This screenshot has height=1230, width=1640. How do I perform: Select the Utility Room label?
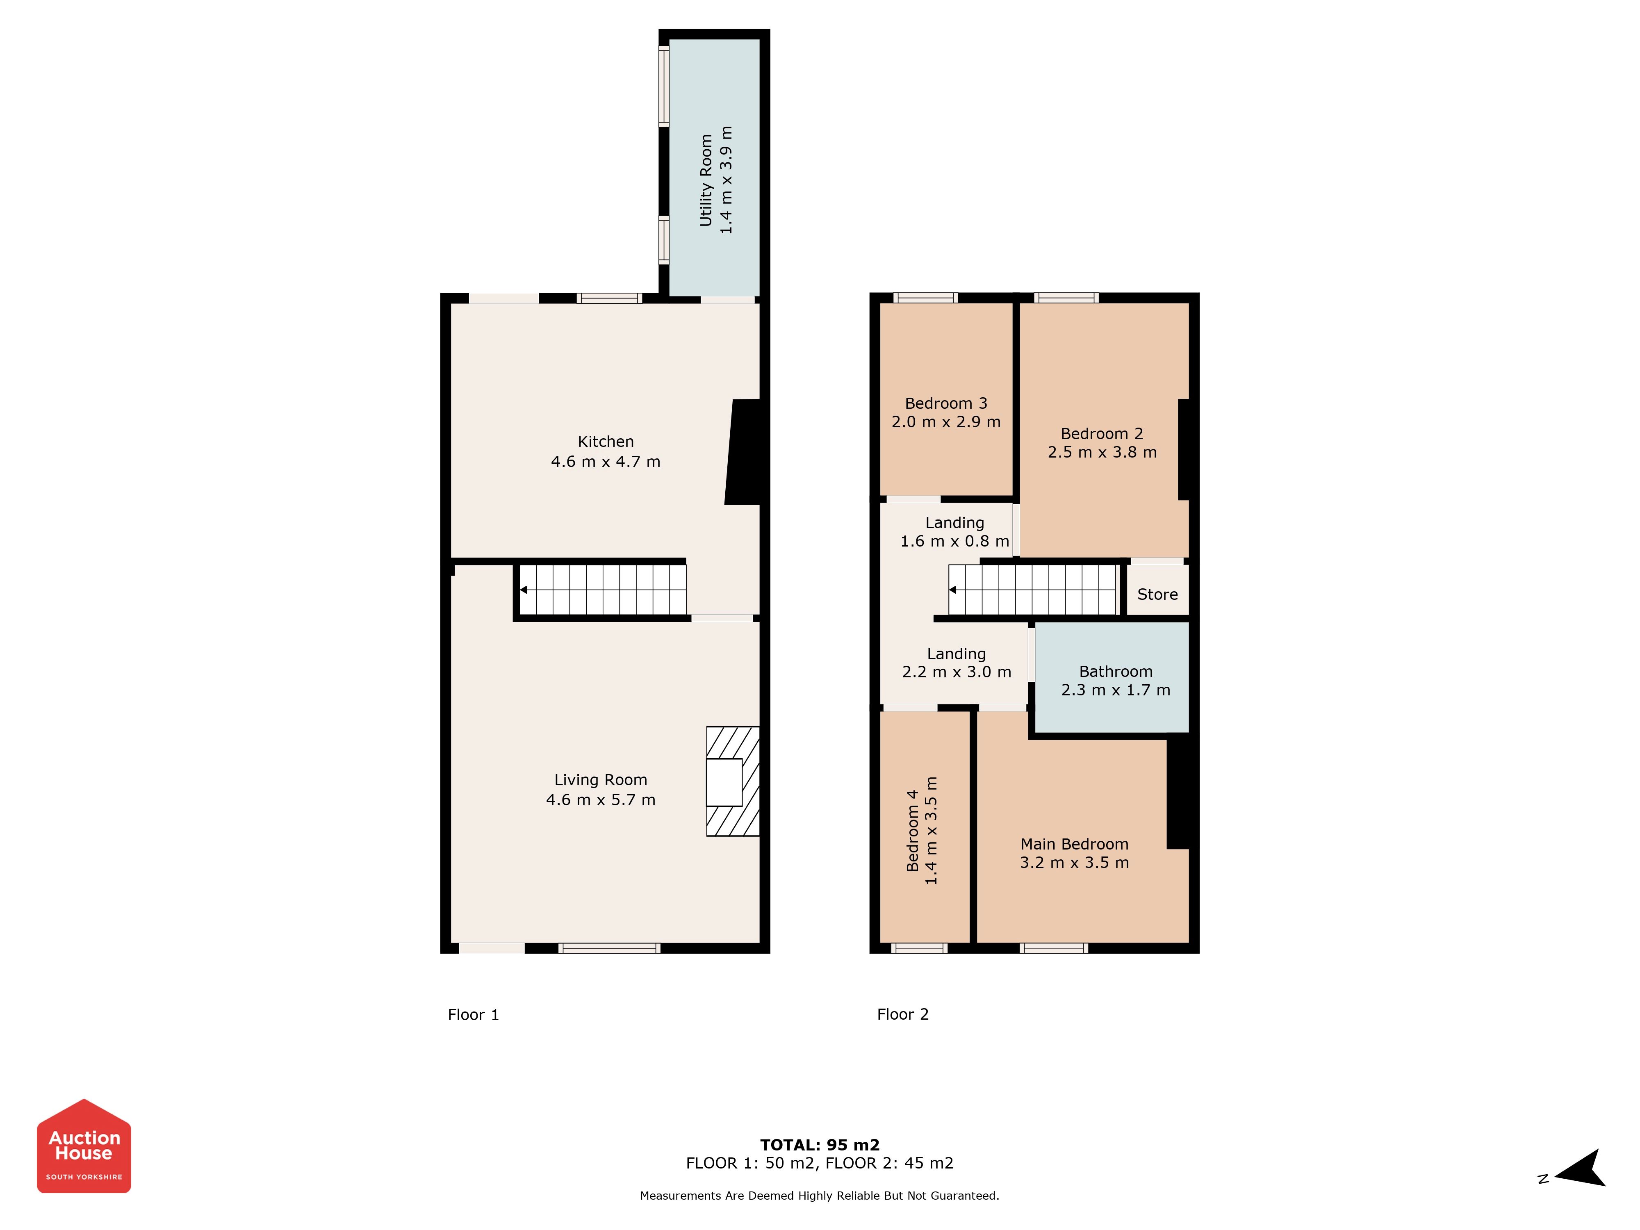point(706,180)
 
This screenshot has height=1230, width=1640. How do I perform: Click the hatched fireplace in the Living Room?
point(733,781)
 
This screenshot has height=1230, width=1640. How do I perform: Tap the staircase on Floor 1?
point(602,590)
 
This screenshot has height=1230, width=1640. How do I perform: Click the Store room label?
point(1157,594)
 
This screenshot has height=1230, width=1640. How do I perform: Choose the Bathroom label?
point(1116,672)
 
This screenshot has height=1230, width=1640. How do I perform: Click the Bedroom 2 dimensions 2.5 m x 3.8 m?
point(1102,452)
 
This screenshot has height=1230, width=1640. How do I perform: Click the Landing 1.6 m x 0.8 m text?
point(955,532)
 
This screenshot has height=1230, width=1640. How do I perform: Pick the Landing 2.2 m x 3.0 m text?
point(957,663)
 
